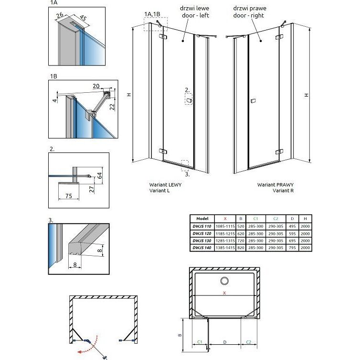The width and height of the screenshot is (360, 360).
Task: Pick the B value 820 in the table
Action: pos(241,248)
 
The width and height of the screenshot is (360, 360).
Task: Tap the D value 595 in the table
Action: pos(293,233)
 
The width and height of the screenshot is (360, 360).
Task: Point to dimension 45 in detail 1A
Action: pos(82,19)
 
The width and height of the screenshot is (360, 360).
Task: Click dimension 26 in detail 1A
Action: pos(59,15)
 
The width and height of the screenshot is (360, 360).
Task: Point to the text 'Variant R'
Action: pos(283,190)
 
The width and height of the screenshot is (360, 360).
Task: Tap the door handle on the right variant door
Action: pos(253,101)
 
